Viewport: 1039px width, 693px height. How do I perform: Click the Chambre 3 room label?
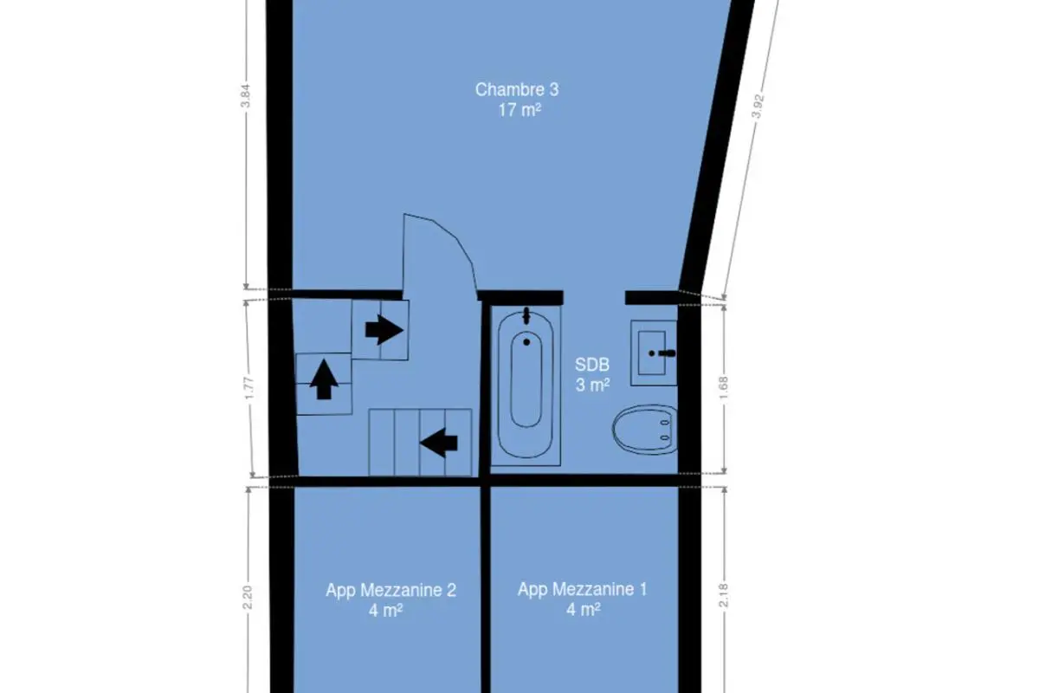[x=517, y=89]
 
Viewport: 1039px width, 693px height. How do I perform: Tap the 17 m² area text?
[x=519, y=111]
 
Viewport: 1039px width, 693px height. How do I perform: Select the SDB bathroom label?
[x=592, y=365]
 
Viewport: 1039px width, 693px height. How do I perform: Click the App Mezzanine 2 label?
[x=390, y=590]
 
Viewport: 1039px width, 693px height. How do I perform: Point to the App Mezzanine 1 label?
[x=582, y=589]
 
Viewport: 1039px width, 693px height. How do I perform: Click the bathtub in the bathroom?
[x=526, y=385]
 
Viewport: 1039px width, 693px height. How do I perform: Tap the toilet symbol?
[x=645, y=430]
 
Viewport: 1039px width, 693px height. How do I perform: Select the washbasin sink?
[x=654, y=353]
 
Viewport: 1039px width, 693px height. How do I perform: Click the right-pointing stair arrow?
[x=384, y=330]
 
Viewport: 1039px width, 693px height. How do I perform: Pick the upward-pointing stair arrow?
[x=324, y=379]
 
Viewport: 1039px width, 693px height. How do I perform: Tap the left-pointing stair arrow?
[x=439, y=443]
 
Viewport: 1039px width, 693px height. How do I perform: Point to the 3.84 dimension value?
[x=245, y=95]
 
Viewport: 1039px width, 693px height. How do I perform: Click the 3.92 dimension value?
[x=757, y=107]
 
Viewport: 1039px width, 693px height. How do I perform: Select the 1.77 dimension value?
[x=249, y=388]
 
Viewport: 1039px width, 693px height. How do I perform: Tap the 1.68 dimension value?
[x=723, y=387]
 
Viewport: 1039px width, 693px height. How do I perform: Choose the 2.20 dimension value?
[x=247, y=598]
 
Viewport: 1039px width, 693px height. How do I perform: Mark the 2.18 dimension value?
[x=723, y=595]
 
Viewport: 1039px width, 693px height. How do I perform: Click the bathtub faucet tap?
[x=526, y=316]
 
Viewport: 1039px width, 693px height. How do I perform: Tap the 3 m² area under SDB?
[x=592, y=385]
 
